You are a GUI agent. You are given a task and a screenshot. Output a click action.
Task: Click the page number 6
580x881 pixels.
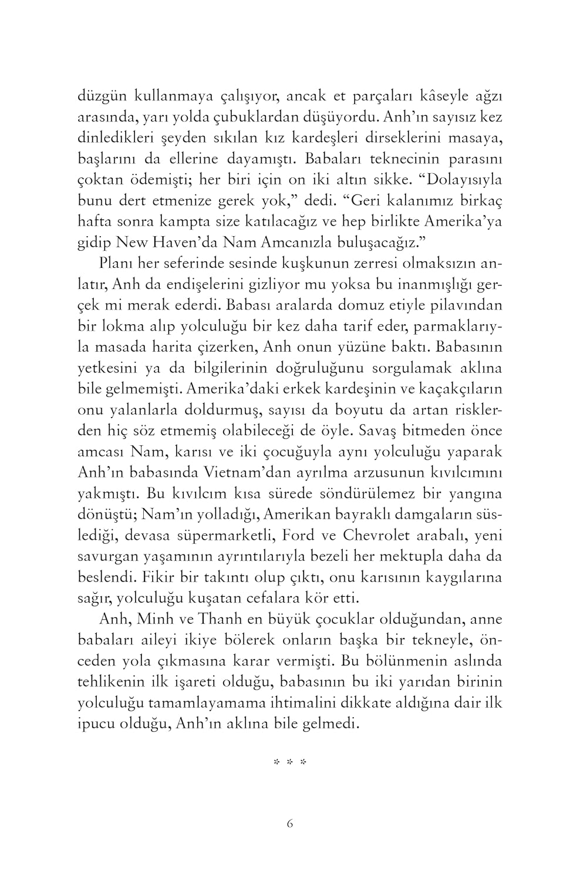[x=290, y=823]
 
